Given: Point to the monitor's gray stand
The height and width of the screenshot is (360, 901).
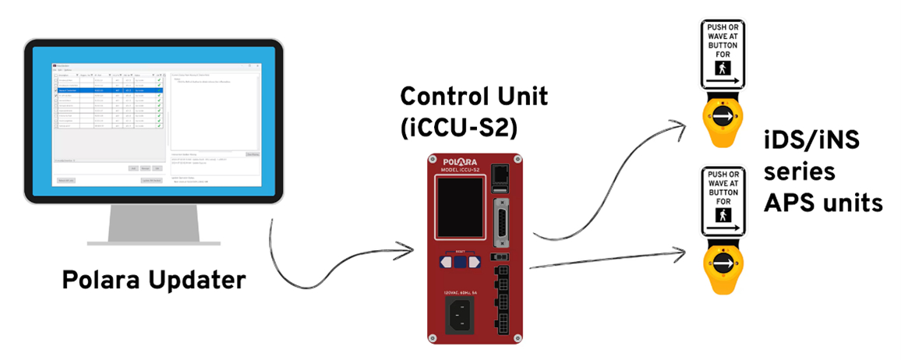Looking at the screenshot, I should (141, 227).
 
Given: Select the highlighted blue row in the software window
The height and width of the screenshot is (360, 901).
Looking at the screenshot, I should (109, 90).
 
